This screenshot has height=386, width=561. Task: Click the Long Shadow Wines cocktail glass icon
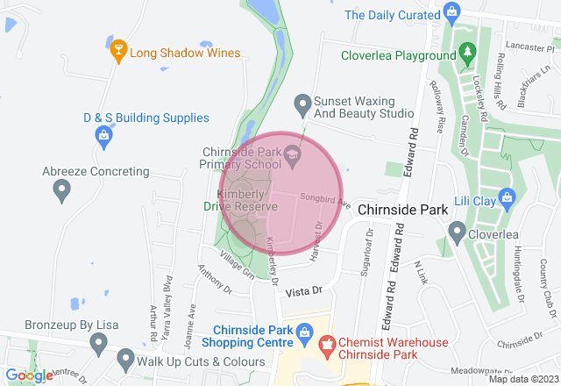(x=119, y=53)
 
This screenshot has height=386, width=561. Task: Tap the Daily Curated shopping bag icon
(x=451, y=12)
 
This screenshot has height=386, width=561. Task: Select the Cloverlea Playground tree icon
(x=468, y=54)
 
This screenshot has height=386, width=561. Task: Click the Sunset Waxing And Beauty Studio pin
(x=302, y=104)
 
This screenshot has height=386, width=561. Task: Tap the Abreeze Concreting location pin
(x=61, y=189)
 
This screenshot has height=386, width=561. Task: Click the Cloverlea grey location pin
(x=457, y=232)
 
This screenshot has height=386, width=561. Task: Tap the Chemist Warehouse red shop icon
(x=327, y=342)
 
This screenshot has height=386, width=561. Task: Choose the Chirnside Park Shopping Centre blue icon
(x=303, y=332)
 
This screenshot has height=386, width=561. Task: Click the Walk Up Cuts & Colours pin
(x=125, y=359)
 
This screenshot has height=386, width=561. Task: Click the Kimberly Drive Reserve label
(x=246, y=199)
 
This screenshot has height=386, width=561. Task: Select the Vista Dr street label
(x=305, y=289)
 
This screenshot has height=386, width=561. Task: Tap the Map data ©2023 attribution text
(x=522, y=379)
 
